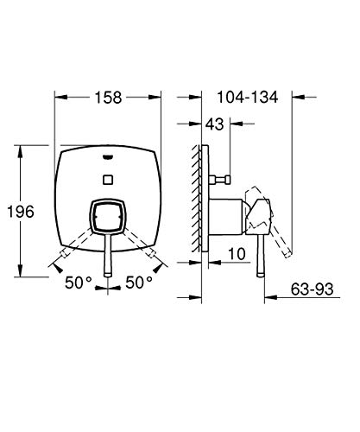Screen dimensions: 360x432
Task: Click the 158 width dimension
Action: click(109, 98)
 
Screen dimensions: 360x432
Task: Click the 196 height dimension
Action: click(21, 212)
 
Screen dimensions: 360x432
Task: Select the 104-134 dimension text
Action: click(248, 97)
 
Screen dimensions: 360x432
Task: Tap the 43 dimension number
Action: click(214, 124)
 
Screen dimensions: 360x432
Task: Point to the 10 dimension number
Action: click(237, 254)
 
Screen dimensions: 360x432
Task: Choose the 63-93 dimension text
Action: click(312, 289)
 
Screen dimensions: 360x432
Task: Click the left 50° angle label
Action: click(79, 283)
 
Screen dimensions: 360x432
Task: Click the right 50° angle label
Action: click(139, 283)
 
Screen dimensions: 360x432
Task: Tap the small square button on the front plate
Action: click(108, 180)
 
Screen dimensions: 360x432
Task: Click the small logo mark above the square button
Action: click(108, 157)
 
